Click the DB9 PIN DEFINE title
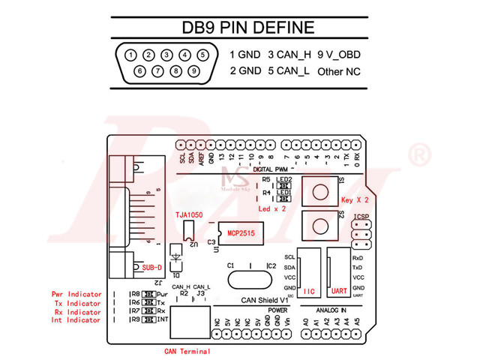coord(248,28)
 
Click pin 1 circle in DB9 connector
coord(131,55)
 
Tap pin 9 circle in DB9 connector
coord(193,71)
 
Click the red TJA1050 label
coord(189,214)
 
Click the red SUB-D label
coord(151,268)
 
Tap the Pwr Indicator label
coord(76,295)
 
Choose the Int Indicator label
coord(76,320)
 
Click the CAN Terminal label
coord(187,351)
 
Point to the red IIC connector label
coord(310,289)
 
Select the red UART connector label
coord(338,289)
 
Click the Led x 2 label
coord(272,209)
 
